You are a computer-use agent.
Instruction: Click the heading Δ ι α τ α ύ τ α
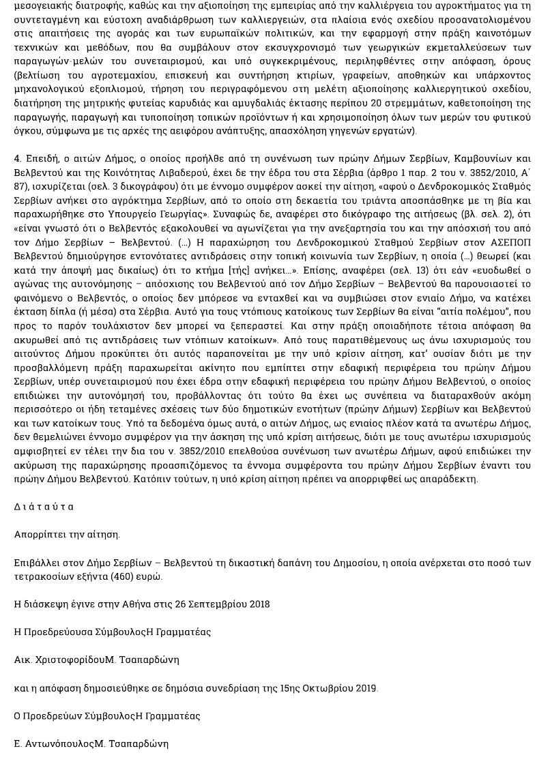coord(44,507)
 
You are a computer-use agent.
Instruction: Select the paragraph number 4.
coord(17,158)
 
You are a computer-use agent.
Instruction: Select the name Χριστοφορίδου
coord(70,660)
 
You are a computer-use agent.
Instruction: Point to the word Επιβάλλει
coord(38,563)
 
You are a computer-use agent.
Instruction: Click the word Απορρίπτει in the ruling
coord(40,535)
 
